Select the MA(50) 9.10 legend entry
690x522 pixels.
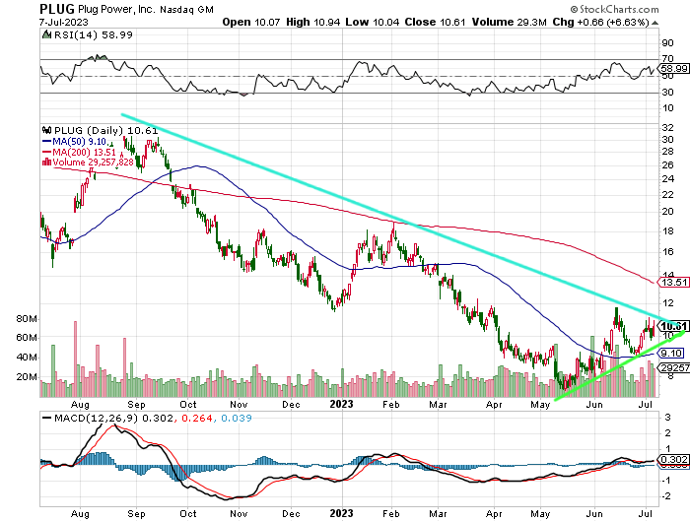tap(72, 141)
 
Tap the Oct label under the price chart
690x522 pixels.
tap(187, 404)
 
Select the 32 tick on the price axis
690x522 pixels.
tap(667, 126)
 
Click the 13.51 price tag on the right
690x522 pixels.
tap(673, 282)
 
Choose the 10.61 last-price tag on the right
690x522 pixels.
tap(673, 326)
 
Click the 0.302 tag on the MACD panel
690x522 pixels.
tap(673, 460)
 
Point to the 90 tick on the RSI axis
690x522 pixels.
tap(667, 44)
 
